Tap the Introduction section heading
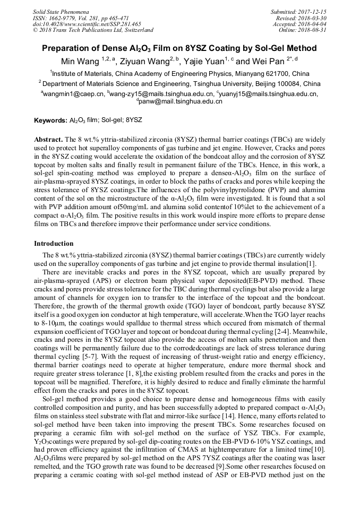54,244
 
